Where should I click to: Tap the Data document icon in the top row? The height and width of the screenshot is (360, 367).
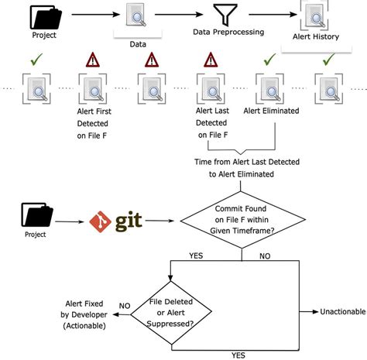pos(138,16)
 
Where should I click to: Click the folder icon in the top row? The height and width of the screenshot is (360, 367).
pos(45,16)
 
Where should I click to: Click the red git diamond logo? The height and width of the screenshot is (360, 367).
pos(101,221)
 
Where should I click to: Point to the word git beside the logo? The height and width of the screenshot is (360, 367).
pos(129,221)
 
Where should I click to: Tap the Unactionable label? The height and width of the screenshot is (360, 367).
pos(342,312)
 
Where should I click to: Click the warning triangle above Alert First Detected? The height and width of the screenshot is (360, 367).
pos(92,60)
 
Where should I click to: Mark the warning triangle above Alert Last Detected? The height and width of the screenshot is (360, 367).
pos(209,60)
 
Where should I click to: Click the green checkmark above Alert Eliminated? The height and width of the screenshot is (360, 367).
pos(269,58)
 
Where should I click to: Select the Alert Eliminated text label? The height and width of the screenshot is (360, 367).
pos(272,111)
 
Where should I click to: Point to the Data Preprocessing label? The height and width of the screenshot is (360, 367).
pos(228,32)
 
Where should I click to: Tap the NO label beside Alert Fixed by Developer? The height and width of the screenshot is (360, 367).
pos(125,306)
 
